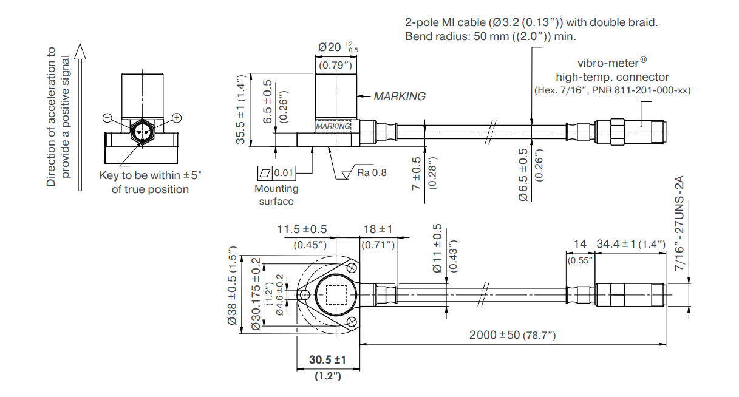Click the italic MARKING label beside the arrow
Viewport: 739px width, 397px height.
point(399,96)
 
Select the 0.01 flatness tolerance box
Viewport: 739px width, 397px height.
point(284,173)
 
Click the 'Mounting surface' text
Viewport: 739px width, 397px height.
point(276,195)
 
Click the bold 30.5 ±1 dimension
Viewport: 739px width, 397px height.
point(327,361)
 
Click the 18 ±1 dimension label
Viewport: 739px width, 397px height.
point(378,229)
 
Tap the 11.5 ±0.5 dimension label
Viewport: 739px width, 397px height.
point(302,229)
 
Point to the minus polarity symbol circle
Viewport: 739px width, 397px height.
point(107,118)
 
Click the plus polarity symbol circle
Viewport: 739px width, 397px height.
point(177,118)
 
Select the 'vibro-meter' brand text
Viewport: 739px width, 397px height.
point(610,63)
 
